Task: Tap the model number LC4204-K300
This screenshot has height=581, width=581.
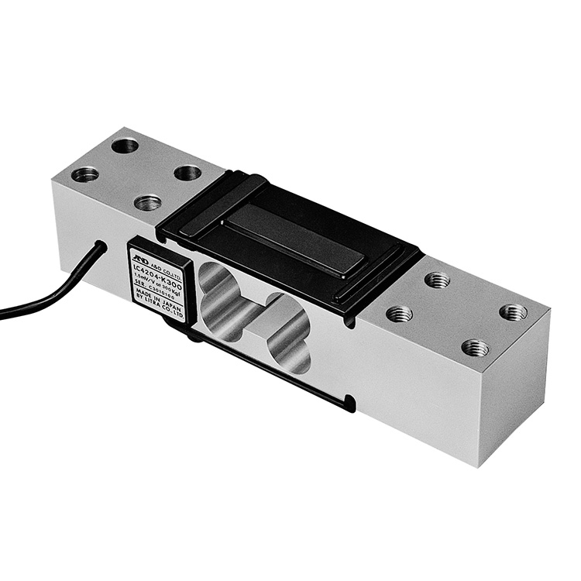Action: (158, 273)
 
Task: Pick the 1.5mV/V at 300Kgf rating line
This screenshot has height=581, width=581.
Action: (157, 283)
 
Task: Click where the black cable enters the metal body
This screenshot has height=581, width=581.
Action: (101, 247)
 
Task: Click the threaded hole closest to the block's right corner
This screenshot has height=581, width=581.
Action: (512, 312)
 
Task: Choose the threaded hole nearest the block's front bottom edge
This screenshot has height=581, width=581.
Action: (475, 347)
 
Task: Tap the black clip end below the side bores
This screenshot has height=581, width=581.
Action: (351, 404)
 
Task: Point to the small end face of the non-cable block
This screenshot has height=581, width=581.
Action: (514, 395)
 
